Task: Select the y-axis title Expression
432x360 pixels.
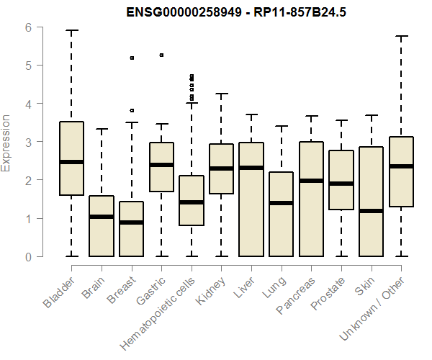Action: (x=6, y=143)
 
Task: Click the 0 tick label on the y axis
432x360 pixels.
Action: (x=28, y=256)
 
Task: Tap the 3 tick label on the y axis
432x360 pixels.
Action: (x=28, y=142)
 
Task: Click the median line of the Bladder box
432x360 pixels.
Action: (x=71, y=162)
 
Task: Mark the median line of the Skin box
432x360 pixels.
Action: (x=371, y=211)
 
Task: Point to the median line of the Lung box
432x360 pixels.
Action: (x=281, y=203)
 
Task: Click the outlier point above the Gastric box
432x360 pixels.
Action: (x=161, y=55)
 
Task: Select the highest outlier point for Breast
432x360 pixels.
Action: (x=131, y=58)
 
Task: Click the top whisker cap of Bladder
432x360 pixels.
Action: (x=71, y=31)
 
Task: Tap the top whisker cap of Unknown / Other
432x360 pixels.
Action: (x=401, y=36)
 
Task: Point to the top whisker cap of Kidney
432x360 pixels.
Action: (x=221, y=94)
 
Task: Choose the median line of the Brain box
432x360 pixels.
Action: (x=101, y=217)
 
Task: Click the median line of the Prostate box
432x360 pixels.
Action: (x=341, y=184)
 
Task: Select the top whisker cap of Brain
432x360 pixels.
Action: (x=101, y=130)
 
